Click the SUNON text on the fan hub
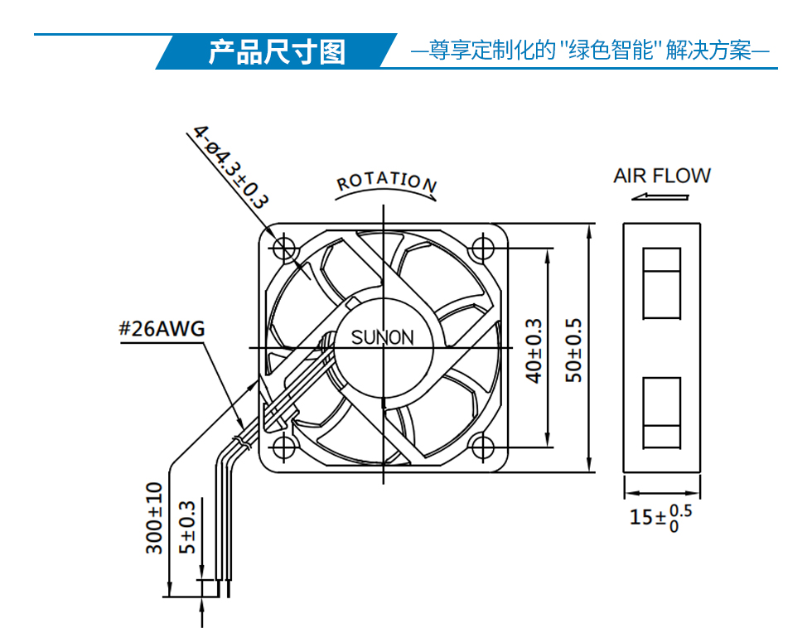tap(383, 338)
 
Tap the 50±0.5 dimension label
tap(573, 350)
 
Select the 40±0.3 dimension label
tap(534, 350)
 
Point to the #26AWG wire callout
tap(162, 329)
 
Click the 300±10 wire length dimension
tap(154, 518)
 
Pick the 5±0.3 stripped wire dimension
tap(187, 527)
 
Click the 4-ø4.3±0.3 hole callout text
tap(231, 167)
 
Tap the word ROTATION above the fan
tap(386, 181)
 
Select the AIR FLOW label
tap(662, 176)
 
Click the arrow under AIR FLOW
tap(660, 197)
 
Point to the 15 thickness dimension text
tap(660, 517)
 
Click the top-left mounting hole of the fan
tap(283, 248)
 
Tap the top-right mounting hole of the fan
tap(482, 248)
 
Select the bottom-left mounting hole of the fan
tap(283, 447)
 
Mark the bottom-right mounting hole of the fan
tap(482, 447)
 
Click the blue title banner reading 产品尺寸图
tap(277, 51)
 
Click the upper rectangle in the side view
tap(661, 283)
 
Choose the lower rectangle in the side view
tap(661, 413)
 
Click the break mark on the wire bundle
tap(242, 442)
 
